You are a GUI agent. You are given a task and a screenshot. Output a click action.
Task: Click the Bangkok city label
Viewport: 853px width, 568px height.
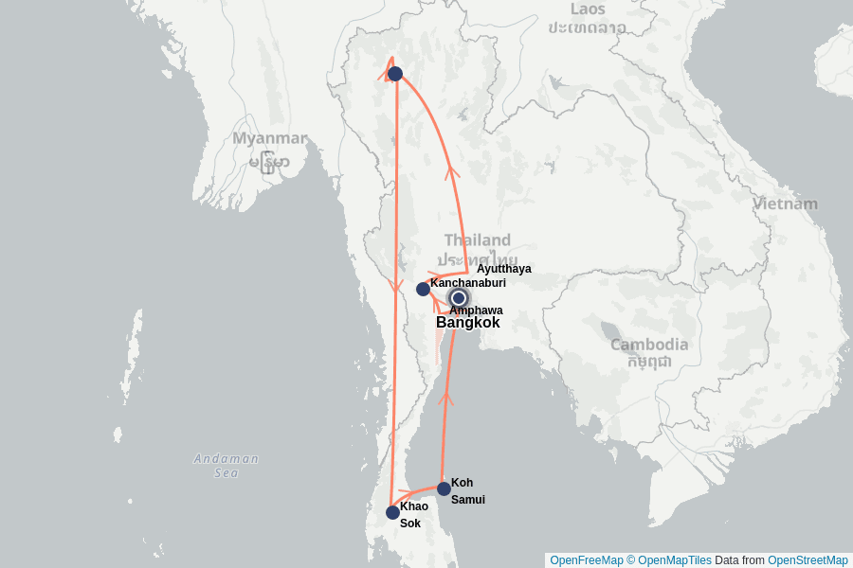tap(467, 323)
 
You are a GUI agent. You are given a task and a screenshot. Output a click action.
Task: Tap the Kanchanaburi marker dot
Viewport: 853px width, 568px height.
tap(423, 289)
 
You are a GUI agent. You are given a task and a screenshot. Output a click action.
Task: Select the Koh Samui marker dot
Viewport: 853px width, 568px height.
tap(444, 488)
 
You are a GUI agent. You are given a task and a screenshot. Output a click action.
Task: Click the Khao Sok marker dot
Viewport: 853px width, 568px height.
tap(392, 512)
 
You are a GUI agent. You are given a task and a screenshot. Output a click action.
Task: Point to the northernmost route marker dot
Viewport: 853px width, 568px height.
tap(395, 74)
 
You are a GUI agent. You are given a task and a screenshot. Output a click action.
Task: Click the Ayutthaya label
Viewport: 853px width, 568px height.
tap(503, 269)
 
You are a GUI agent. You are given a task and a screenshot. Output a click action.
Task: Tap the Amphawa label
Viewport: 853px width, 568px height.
tap(476, 311)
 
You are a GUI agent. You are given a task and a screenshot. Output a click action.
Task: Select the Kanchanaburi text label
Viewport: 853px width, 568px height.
tap(468, 283)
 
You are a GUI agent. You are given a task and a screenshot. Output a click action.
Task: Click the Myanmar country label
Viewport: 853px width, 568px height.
tap(270, 139)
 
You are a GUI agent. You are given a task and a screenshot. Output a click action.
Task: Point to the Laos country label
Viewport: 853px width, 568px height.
tap(588, 9)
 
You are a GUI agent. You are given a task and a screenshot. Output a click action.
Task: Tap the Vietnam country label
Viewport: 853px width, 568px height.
tap(785, 204)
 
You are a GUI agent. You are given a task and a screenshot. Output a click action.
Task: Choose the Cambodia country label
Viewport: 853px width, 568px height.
tap(649, 345)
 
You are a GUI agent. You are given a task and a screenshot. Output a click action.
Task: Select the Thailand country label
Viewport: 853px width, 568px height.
tap(477, 240)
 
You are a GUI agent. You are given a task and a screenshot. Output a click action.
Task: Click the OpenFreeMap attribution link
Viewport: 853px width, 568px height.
tap(587, 560)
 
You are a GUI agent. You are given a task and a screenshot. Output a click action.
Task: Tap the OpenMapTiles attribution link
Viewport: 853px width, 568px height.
tap(674, 560)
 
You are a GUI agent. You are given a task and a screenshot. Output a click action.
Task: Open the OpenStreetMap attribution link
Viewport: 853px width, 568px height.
tap(808, 560)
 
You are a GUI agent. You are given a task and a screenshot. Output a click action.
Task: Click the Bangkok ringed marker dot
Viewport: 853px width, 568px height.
tap(458, 298)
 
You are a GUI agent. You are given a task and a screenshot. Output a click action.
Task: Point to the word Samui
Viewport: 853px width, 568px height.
tap(467, 500)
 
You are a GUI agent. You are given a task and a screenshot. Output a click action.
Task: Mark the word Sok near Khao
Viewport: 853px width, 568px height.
tap(409, 524)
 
